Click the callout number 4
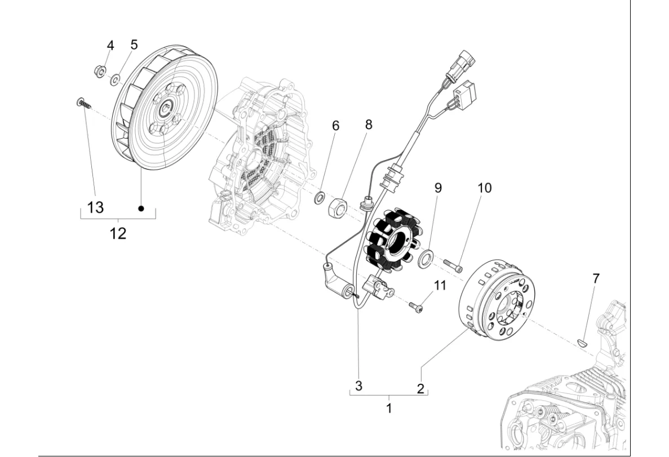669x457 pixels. (x=110, y=46)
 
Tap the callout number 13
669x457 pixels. (x=95, y=207)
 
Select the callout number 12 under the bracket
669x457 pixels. (x=118, y=233)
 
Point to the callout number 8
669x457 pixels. (x=369, y=125)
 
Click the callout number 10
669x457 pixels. (x=484, y=188)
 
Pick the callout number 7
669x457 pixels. (x=596, y=278)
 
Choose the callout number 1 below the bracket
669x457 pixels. (x=389, y=409)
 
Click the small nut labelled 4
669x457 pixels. (x=99, y=71)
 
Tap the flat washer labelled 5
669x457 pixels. (x=115, y=79)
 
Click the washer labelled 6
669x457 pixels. (x=320, y=198)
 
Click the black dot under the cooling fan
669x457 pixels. (x=141, y=208)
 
